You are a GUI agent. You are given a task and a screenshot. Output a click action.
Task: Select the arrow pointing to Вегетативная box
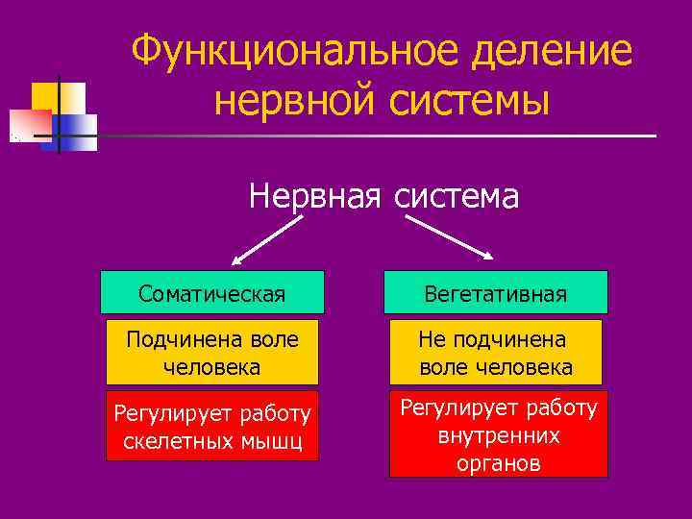tap(450, 236)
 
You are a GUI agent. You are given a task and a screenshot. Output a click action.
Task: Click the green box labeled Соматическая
tap(212, 292)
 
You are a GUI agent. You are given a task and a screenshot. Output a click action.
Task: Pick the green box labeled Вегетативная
tap(496, 292)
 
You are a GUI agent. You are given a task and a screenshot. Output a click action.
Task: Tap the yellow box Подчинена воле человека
tap(212, 353)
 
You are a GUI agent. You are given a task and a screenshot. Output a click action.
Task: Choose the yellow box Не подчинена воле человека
tap(496, 353)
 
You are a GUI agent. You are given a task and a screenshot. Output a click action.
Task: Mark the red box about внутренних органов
tap(498, 435)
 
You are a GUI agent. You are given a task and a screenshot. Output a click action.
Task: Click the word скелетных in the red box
tap(171, 441)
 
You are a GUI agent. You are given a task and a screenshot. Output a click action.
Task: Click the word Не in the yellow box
tap(432, 339)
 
